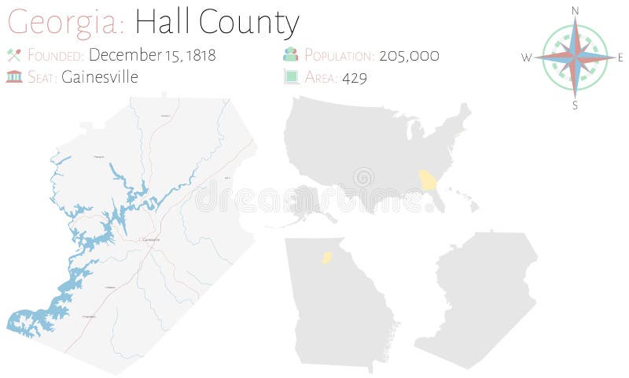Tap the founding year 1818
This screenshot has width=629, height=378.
(198, 55)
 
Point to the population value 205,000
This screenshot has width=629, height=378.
(408, 55)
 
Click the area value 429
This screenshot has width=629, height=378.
(355, 77)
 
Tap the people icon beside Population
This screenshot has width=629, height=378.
(290, 55)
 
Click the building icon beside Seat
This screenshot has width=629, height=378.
(13, 77)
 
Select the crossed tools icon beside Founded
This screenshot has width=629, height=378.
(13, 55)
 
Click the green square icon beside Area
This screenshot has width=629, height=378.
(290, 77)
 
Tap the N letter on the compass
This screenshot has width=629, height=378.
(576, 10)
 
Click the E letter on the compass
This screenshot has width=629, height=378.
(620, 57)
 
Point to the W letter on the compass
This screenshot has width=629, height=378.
(527, 57)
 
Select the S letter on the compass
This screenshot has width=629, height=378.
(576, 105)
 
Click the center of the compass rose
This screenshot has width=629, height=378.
(576, 57)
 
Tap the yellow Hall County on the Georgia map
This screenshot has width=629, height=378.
(326, 257)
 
